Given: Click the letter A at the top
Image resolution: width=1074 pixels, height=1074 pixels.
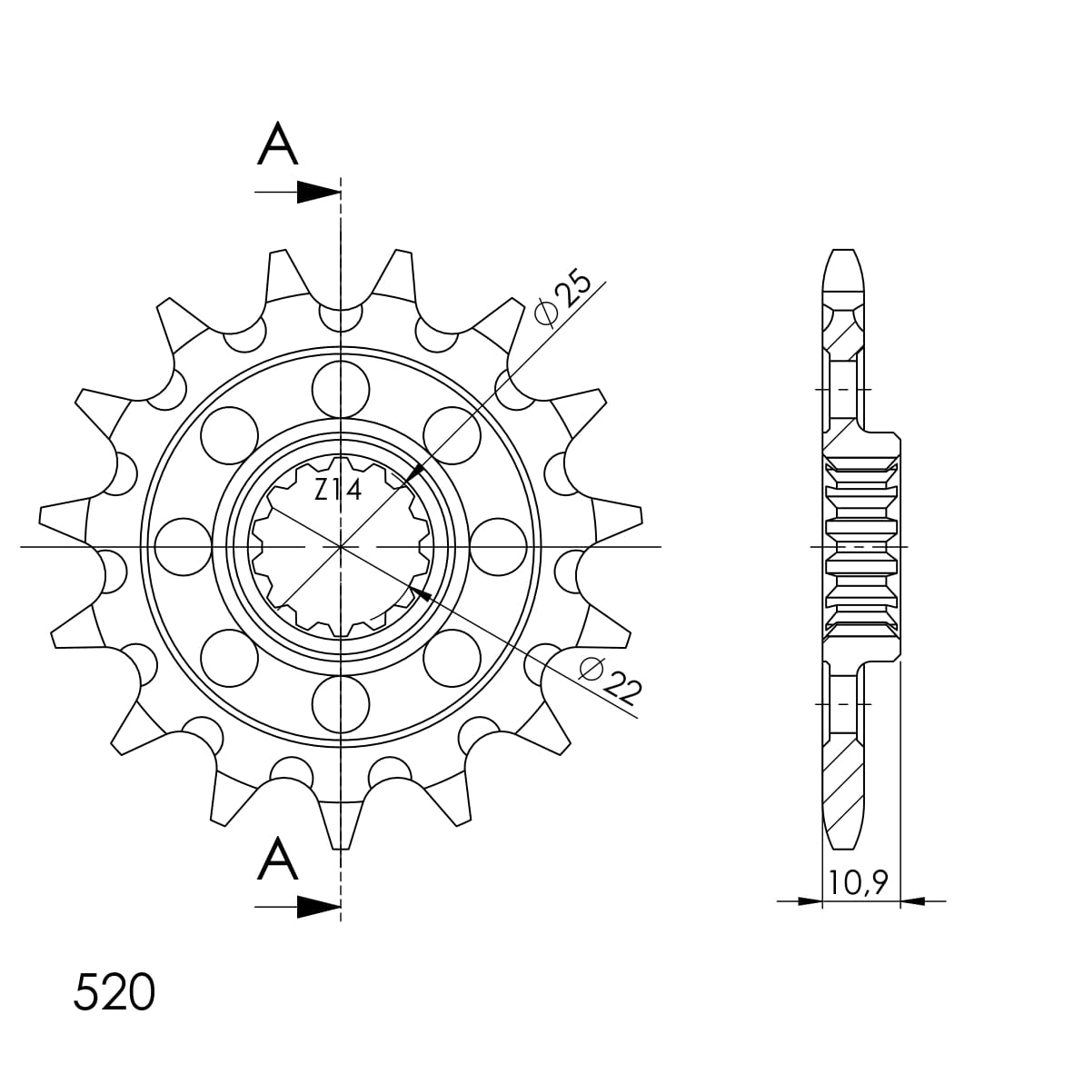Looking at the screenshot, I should click(x=278, y=145).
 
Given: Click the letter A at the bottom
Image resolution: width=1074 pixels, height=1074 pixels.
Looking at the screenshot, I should click(x=278, y=860).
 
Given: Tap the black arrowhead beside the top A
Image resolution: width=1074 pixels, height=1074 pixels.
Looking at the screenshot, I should click(x=317, y=192).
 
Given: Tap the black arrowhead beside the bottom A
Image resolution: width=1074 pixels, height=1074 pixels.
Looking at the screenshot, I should click(x=317, y=906).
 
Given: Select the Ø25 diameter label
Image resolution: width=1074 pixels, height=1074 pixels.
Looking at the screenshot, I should click(x=563, y=298).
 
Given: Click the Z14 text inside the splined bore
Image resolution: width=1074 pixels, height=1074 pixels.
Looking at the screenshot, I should click(x=338, y=491).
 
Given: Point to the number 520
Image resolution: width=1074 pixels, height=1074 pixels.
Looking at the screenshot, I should click(x=114, y=992).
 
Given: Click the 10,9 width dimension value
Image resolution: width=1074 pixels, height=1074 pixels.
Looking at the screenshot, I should click(x=860, y=881).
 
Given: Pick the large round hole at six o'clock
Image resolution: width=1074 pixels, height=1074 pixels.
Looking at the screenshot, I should click(x=341, y=703).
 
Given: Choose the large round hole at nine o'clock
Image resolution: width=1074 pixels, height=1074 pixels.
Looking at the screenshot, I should click(x=183, y=547).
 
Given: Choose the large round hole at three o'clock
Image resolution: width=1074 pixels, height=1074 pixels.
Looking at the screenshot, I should click(x=499, y=547).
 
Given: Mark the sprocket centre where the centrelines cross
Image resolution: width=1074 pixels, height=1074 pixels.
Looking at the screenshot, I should click(x=341, y=547).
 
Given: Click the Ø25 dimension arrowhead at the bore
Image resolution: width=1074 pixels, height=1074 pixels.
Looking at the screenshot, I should click(x=412, y=473).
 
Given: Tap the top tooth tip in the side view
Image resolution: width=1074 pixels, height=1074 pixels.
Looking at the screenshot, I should click(x=842, y=259).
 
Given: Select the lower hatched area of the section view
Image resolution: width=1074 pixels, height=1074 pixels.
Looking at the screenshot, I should click(x=844, y=781).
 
